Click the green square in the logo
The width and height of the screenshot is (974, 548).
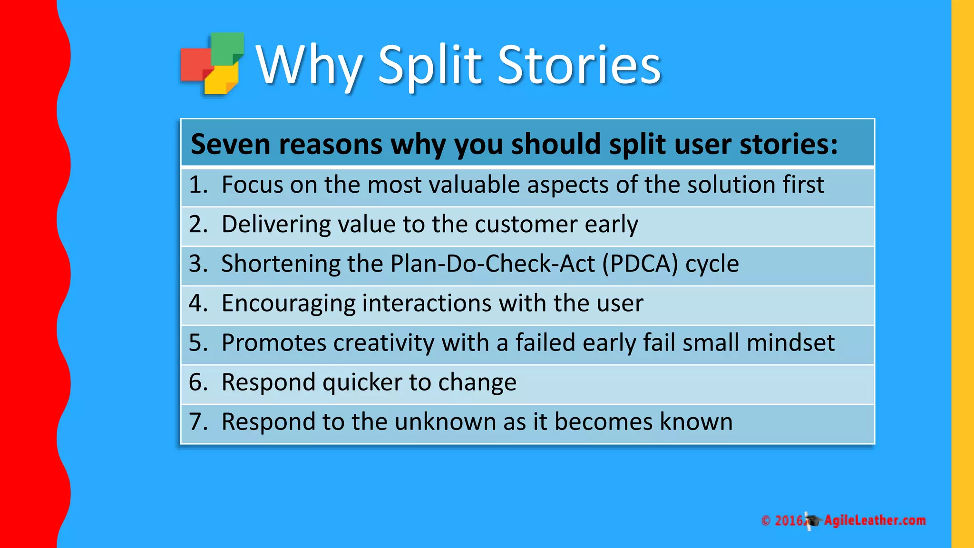point(227,48)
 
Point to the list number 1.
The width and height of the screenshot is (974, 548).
point(198,185)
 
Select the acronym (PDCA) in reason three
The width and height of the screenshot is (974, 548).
point(640,264)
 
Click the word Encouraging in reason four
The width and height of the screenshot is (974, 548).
point(288,303)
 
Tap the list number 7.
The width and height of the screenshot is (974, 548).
point(198,421)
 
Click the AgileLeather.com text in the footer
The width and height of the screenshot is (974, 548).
point(875,520)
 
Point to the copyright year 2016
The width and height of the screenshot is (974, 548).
point(789,520)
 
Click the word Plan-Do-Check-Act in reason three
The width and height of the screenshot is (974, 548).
point(492,264)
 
